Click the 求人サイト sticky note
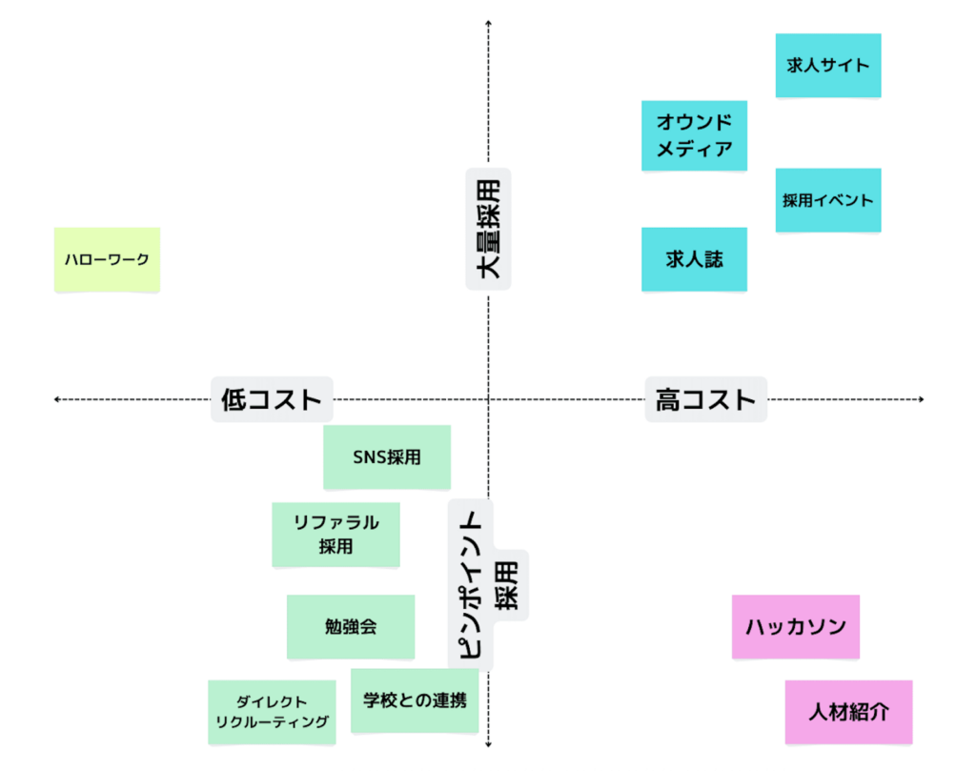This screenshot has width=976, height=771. [827, 66]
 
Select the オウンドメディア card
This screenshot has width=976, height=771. [694, 135]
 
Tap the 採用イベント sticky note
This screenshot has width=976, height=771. [827, 200]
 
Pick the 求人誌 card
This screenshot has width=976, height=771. [694, 258]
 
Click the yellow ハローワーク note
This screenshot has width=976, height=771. [107, 259]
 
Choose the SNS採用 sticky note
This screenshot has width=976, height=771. [386, 457]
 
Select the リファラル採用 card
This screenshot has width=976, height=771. [335, 534]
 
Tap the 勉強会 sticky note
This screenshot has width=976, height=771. [350, 626]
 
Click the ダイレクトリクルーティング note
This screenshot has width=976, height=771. [272, 712]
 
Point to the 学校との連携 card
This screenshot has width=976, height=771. [415, 700]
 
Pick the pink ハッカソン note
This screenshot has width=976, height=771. [795, 626]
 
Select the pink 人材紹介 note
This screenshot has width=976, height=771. [848, 712]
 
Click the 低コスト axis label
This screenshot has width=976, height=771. [272, 399]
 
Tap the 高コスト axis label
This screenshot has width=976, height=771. [705, 399]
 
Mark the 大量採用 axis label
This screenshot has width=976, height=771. [488, 229]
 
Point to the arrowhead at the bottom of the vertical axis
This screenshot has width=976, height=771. [488, 746]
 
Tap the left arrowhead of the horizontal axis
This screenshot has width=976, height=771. [57, 399]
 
